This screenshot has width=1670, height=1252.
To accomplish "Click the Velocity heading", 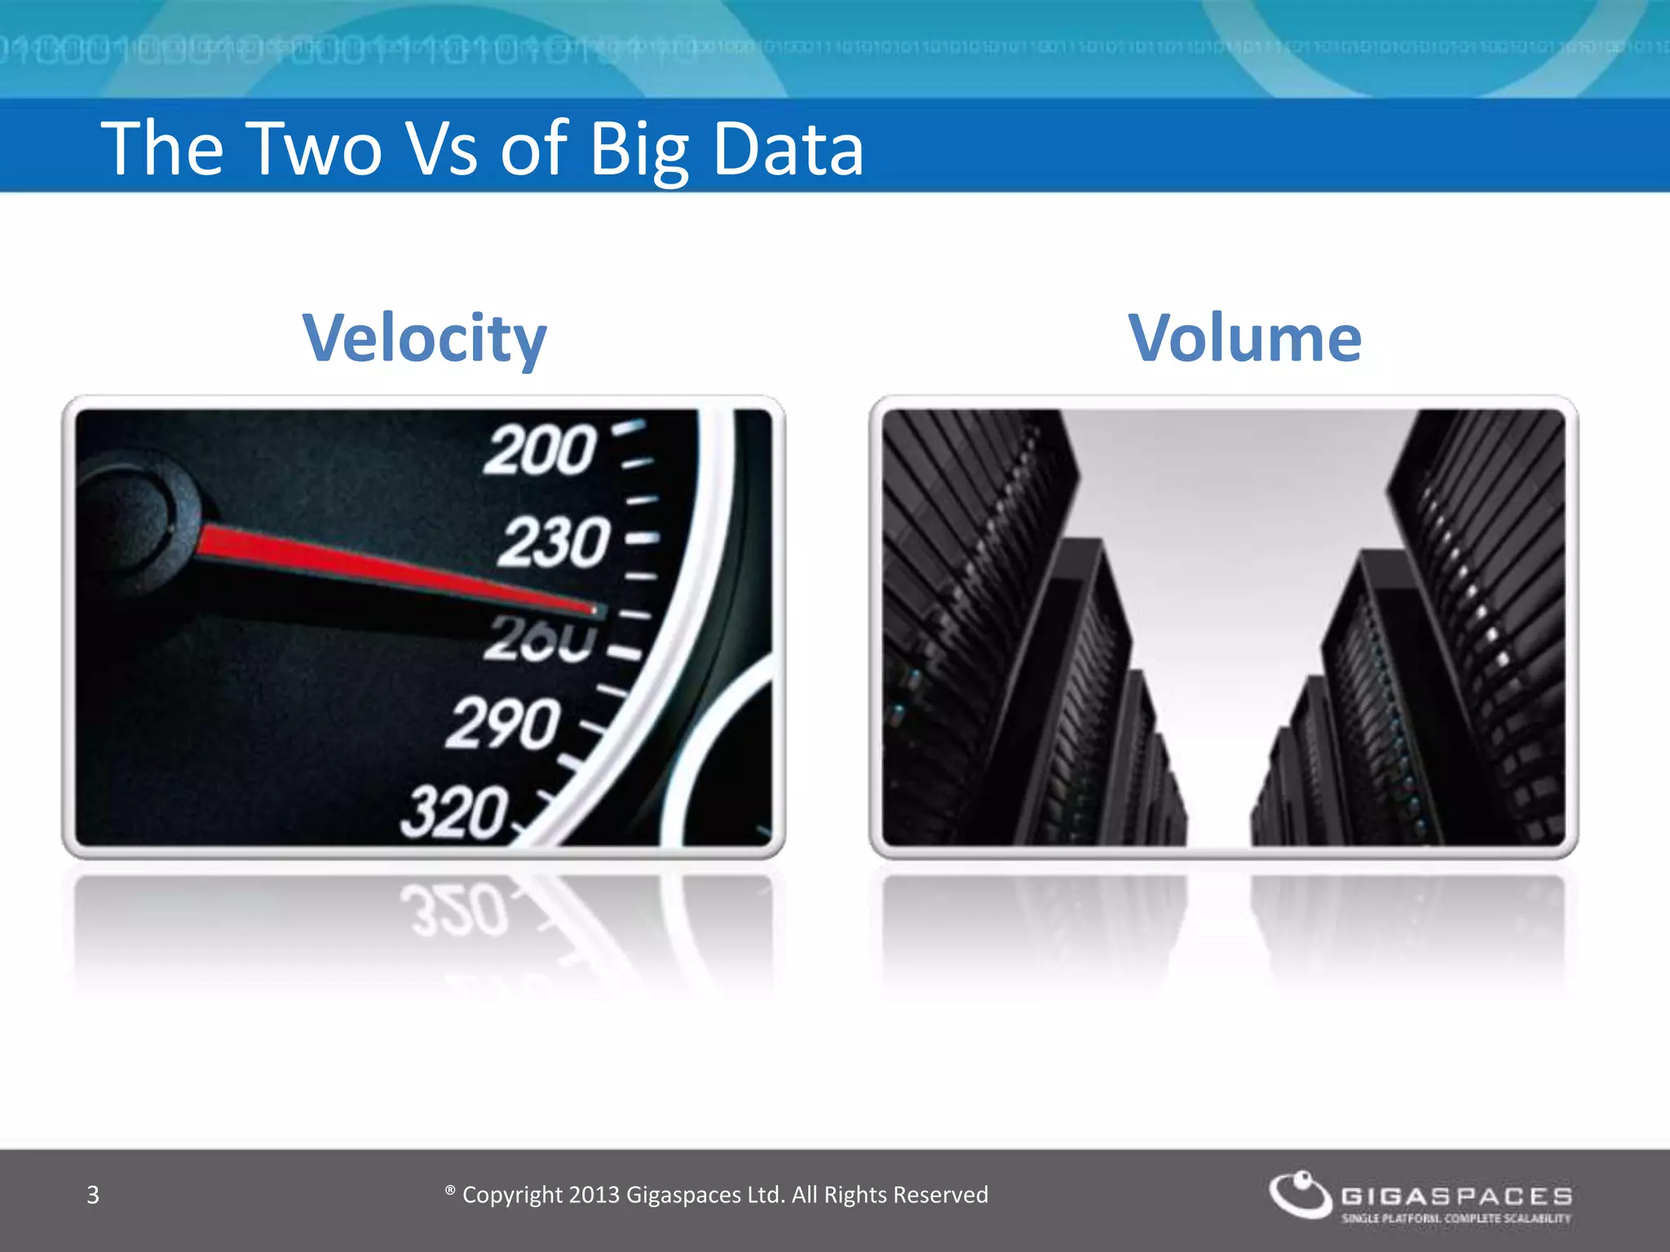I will tap(424, 338).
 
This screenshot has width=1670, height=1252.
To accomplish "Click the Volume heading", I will tap(1245, 338).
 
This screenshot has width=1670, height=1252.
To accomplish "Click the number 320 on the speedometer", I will tap(454, 812).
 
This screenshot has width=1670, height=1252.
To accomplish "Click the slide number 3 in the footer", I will tap(93, 1195).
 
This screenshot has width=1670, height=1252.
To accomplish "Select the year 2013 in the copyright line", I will tap(594, 1195).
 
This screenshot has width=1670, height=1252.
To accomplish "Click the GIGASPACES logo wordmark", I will tap(1456, 1196).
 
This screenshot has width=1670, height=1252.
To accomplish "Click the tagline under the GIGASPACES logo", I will tap(1456, 1219).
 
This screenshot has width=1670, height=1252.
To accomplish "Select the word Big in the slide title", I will tap(638, 150).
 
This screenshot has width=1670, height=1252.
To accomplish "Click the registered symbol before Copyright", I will tap(450, 1191).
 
